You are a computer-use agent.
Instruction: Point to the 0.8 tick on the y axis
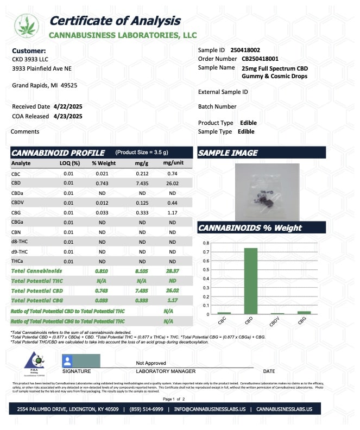[x=206, y=242]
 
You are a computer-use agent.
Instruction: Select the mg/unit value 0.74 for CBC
[x=173, y=173]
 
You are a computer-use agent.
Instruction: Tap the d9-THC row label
[x=20, y=251]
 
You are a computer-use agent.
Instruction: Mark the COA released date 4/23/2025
[x=67, y=116]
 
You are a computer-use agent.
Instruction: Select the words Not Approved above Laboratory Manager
[x=151, y=363]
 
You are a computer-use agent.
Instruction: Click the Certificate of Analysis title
[x=115, y=21]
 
